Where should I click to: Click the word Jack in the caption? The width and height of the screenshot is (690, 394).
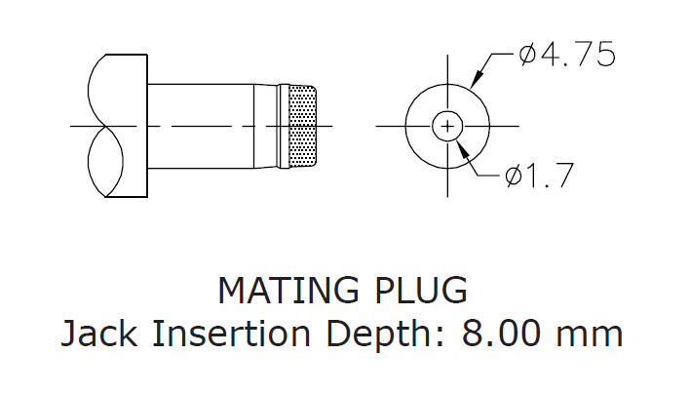pos(96,334)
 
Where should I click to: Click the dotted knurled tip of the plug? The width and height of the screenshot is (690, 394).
pos(304,126)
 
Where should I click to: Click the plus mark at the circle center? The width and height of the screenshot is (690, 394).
pos(447,126)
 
